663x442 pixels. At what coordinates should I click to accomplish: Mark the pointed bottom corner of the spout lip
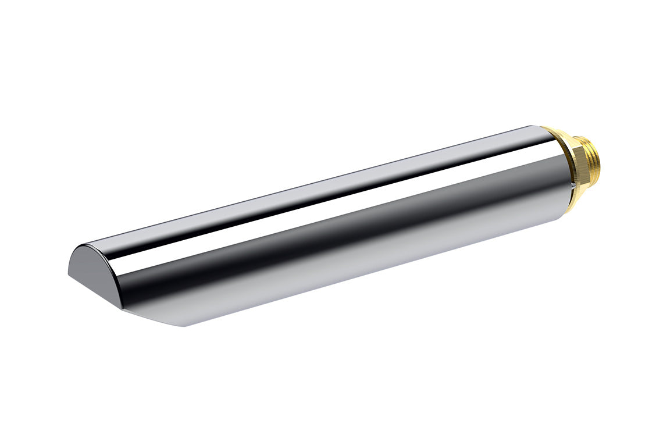click(x=185, y=325)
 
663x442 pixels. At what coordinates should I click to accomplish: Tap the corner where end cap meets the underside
click(x=123, y=306)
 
